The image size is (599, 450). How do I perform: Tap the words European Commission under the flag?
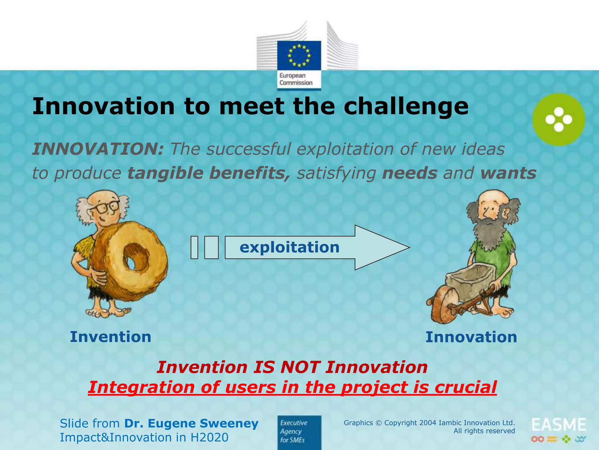(296, 79)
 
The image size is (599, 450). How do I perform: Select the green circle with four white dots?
(558, 120)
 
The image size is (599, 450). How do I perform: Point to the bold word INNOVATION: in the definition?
(98, 149)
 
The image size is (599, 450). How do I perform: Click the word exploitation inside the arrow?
(289, 247)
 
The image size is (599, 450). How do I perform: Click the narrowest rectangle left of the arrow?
(194, 248)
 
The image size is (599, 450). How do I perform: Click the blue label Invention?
(111, 337)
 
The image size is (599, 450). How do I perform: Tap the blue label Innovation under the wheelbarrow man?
(471, 337)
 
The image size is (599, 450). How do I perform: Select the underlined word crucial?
(465, 387)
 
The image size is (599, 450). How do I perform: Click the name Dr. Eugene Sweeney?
(191, 424)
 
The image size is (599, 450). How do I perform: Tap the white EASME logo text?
(559, 425)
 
